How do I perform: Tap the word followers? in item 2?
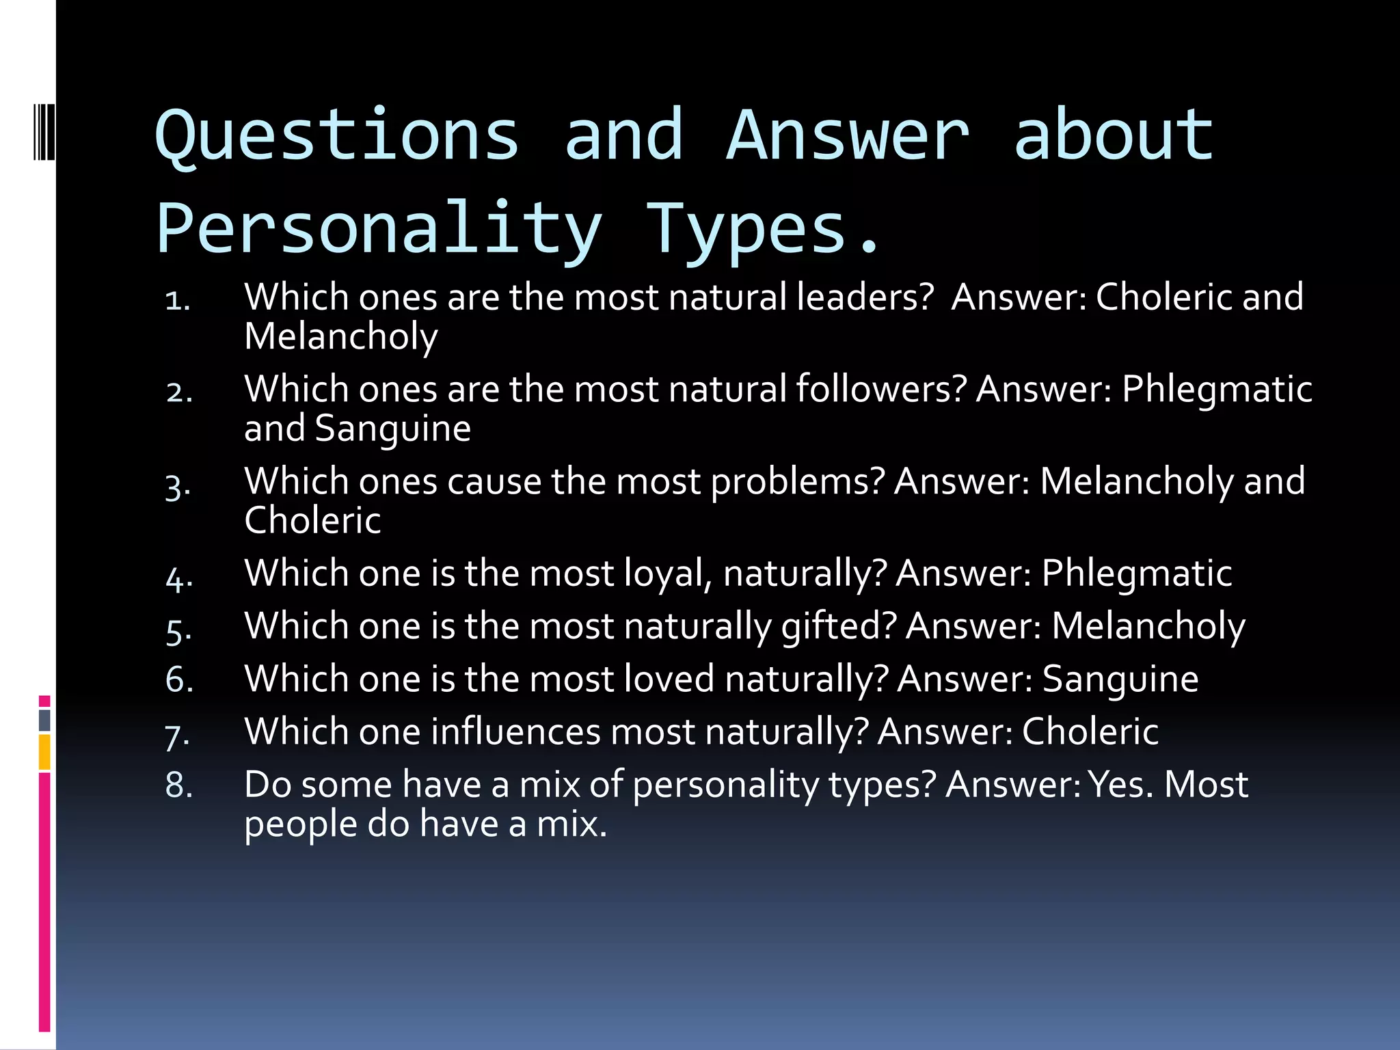(881, 389)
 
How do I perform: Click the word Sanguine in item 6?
(1120, 679)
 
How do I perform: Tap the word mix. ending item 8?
(571, 824)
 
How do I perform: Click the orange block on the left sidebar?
(44, 752)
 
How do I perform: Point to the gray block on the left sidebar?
(44, 720)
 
